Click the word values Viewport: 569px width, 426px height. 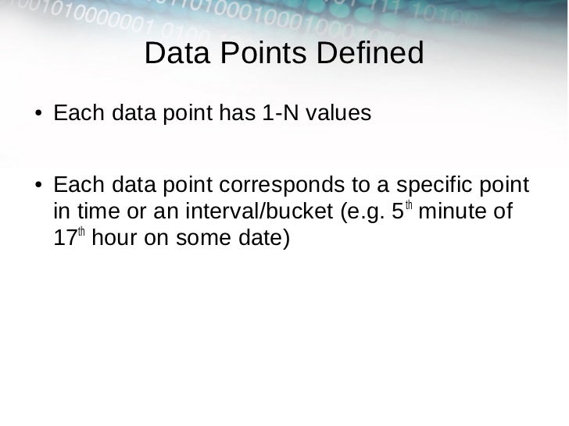[x=338, y=114]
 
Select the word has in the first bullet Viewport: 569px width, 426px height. [x=235, y=114]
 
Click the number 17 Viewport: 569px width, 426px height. [x=64, y=238]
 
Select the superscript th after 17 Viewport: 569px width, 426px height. [x=81, y=232]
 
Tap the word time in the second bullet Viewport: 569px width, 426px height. [x=89, y=212]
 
